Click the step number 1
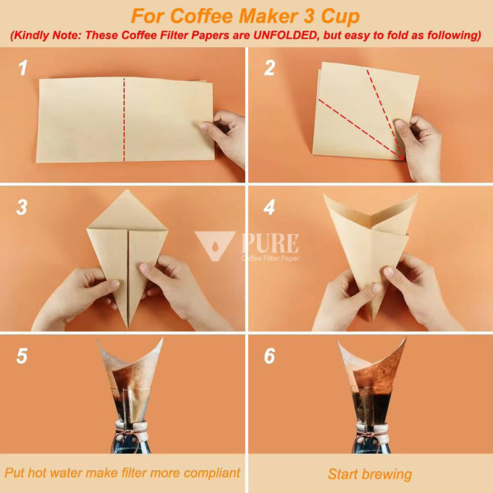click(23, 67)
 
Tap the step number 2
click(269, 67)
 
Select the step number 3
click(22, 208)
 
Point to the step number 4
click(269, 208)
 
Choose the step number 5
click(22, 356)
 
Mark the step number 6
click(269, 356)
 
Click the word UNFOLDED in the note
click(288, 35)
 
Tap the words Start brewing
click(369, 474)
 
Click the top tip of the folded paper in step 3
click(128, 192)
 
